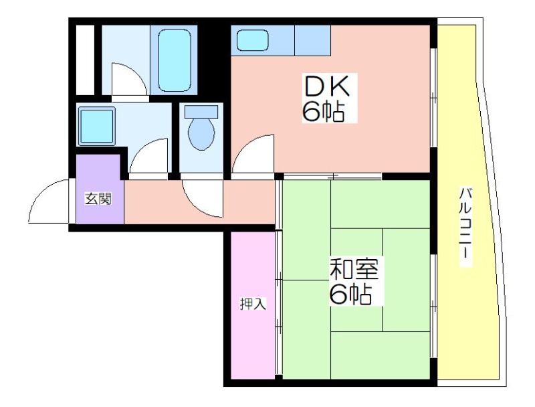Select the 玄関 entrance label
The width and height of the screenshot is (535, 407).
98,198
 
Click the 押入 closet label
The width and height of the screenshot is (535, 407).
253,304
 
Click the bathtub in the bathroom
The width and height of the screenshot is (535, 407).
175,60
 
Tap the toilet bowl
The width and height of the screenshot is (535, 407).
201,134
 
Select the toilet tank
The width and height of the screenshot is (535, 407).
201,112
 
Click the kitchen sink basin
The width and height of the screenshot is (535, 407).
253,40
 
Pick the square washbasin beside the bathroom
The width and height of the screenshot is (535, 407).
96,126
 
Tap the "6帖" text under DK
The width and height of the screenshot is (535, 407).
323,111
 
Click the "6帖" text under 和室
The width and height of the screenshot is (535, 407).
350,294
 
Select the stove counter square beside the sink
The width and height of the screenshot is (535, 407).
312,40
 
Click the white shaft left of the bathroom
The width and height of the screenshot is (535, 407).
85,60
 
